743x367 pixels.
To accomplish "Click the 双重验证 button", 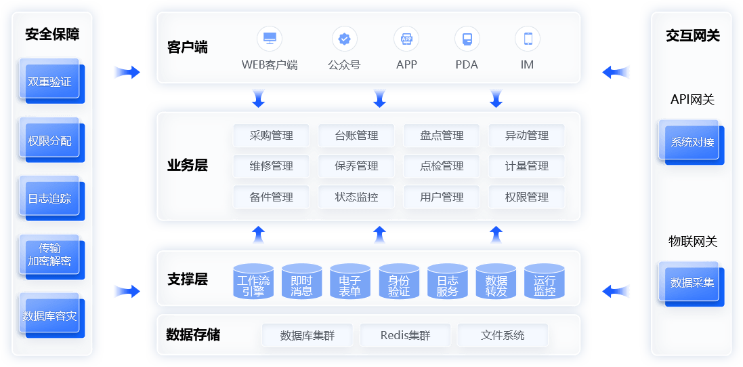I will point(49,82).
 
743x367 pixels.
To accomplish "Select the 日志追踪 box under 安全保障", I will point(49,199).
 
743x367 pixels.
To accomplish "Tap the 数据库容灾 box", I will point(49,316).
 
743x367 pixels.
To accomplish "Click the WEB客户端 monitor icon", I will point(270,38).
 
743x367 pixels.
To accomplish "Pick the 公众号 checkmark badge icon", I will point(344,39).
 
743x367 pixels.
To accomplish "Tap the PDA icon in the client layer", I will point(467,39).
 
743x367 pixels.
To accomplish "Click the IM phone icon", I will point(528,39).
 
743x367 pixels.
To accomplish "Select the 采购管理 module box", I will point(272,136).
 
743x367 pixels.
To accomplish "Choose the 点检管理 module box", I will point(442,166).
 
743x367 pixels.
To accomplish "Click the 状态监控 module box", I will point(356,197).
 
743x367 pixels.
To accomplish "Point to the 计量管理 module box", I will point(526,166).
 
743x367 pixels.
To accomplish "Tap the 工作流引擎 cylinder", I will point(253,283).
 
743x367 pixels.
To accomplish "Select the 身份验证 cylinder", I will point(399,283).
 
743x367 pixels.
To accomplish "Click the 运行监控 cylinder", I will point(545,283).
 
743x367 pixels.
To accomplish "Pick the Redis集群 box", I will point(405,335).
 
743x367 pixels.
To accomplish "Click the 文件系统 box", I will point(503,335).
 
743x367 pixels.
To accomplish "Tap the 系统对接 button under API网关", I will point(692,142).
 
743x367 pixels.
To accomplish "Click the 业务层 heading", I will point(188,166).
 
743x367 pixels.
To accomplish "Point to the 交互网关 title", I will point(692,36).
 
